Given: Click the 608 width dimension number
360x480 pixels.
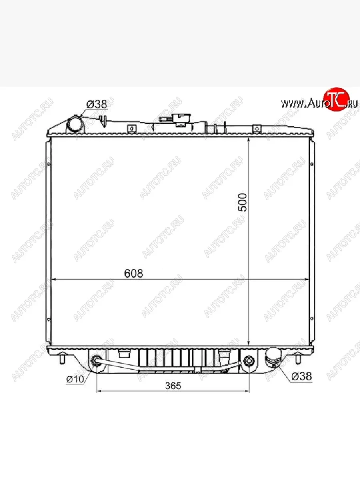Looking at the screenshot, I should (134, 274).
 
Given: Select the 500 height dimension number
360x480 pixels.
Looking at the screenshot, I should (243, 202).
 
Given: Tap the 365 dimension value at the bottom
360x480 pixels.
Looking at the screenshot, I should (173, 386).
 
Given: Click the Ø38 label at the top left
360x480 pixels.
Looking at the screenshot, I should (97, 104).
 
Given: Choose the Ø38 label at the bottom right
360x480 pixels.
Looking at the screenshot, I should (301, 376).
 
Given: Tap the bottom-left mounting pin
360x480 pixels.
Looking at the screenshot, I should (62, 359).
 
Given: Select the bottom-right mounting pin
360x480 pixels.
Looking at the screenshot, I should (298, 359).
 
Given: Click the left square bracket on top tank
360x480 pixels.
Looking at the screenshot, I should (130, 129).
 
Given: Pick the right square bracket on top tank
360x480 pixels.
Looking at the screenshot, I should (256, 128).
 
